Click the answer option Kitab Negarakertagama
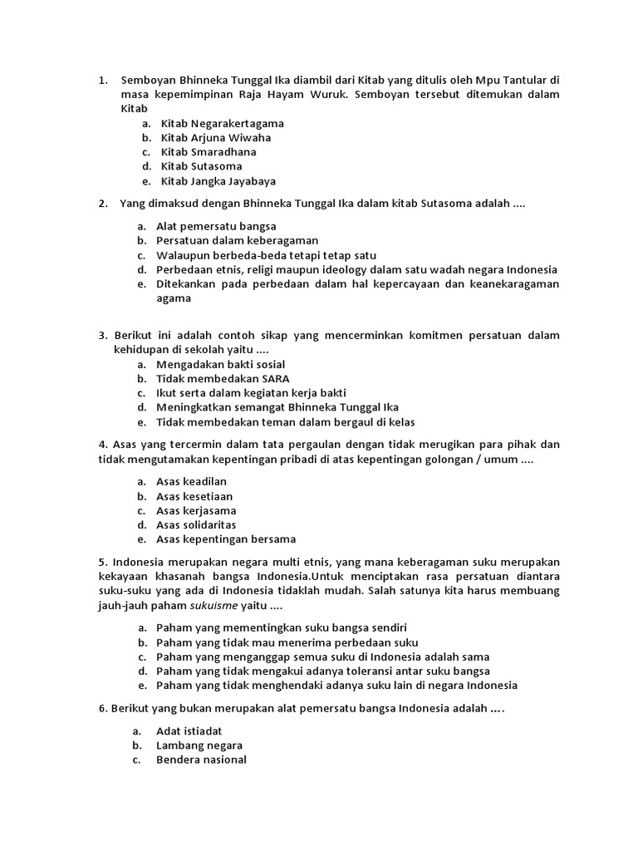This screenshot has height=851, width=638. [x=222, y=123]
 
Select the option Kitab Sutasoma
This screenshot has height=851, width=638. [x=202, y=166]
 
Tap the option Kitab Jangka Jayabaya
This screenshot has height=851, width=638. [x=218, y=180]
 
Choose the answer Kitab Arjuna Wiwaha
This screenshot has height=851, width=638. [x=216, y=137]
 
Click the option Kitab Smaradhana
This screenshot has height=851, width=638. [x=209, y=152]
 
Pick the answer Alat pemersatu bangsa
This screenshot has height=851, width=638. [x=216, y=226]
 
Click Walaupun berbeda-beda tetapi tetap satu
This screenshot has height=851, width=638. [x=266, y=255]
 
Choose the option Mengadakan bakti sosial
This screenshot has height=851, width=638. [x=220, y=364]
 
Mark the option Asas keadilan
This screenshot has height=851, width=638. [x=191, y=481]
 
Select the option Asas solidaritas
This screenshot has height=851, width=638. [x=196, y=524]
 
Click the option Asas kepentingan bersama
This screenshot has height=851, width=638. [x=226, y=539]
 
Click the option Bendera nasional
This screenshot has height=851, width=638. [x=201, y=760]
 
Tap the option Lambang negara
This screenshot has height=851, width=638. [x=199, y=745]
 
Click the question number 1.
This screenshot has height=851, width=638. [x=102, y=81]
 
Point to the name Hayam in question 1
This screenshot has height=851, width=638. [x=402, y=95]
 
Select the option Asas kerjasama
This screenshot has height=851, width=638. [x=196, y=510]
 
